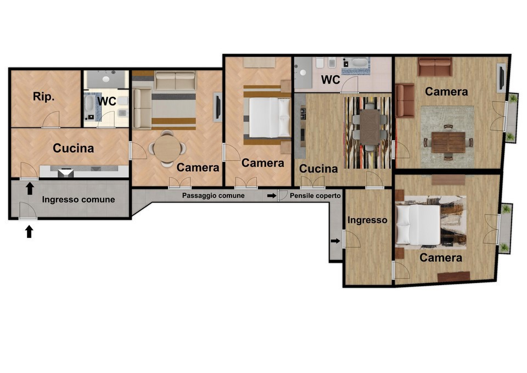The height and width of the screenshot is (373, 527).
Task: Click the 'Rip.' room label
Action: tap(44, 97)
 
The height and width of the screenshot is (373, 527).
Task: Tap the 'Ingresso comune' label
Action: tap(79, 199)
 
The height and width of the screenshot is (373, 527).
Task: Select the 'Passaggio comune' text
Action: tap(213, 196)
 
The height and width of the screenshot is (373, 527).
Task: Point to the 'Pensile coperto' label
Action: tap(315, 196)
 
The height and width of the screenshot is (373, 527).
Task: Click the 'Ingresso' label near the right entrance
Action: tap(367, 220)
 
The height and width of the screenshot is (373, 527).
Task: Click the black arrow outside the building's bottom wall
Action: tap(29, 231)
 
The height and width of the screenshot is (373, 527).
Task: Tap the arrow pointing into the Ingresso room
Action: tap(335, 241)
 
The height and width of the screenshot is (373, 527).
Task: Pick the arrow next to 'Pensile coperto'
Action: tap(272, 196)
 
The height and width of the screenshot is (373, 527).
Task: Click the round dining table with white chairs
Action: tap(167, 148)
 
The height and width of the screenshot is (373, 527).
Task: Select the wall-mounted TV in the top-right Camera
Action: tap(501, 78)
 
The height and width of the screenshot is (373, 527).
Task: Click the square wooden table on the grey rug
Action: tap(448, 142)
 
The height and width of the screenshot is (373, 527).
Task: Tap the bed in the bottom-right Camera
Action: tap(418, 224)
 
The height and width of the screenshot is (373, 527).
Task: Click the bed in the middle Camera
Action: tap(270, 118)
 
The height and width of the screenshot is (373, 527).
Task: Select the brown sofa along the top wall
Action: tap(435, 66)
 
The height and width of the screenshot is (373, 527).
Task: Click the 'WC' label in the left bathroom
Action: tap(107, 101)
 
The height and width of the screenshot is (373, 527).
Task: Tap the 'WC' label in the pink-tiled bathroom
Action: tap(330, 80)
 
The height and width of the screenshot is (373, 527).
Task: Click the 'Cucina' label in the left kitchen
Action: tap(73, 148)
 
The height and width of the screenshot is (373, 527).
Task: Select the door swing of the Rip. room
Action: tap(51, 119)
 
